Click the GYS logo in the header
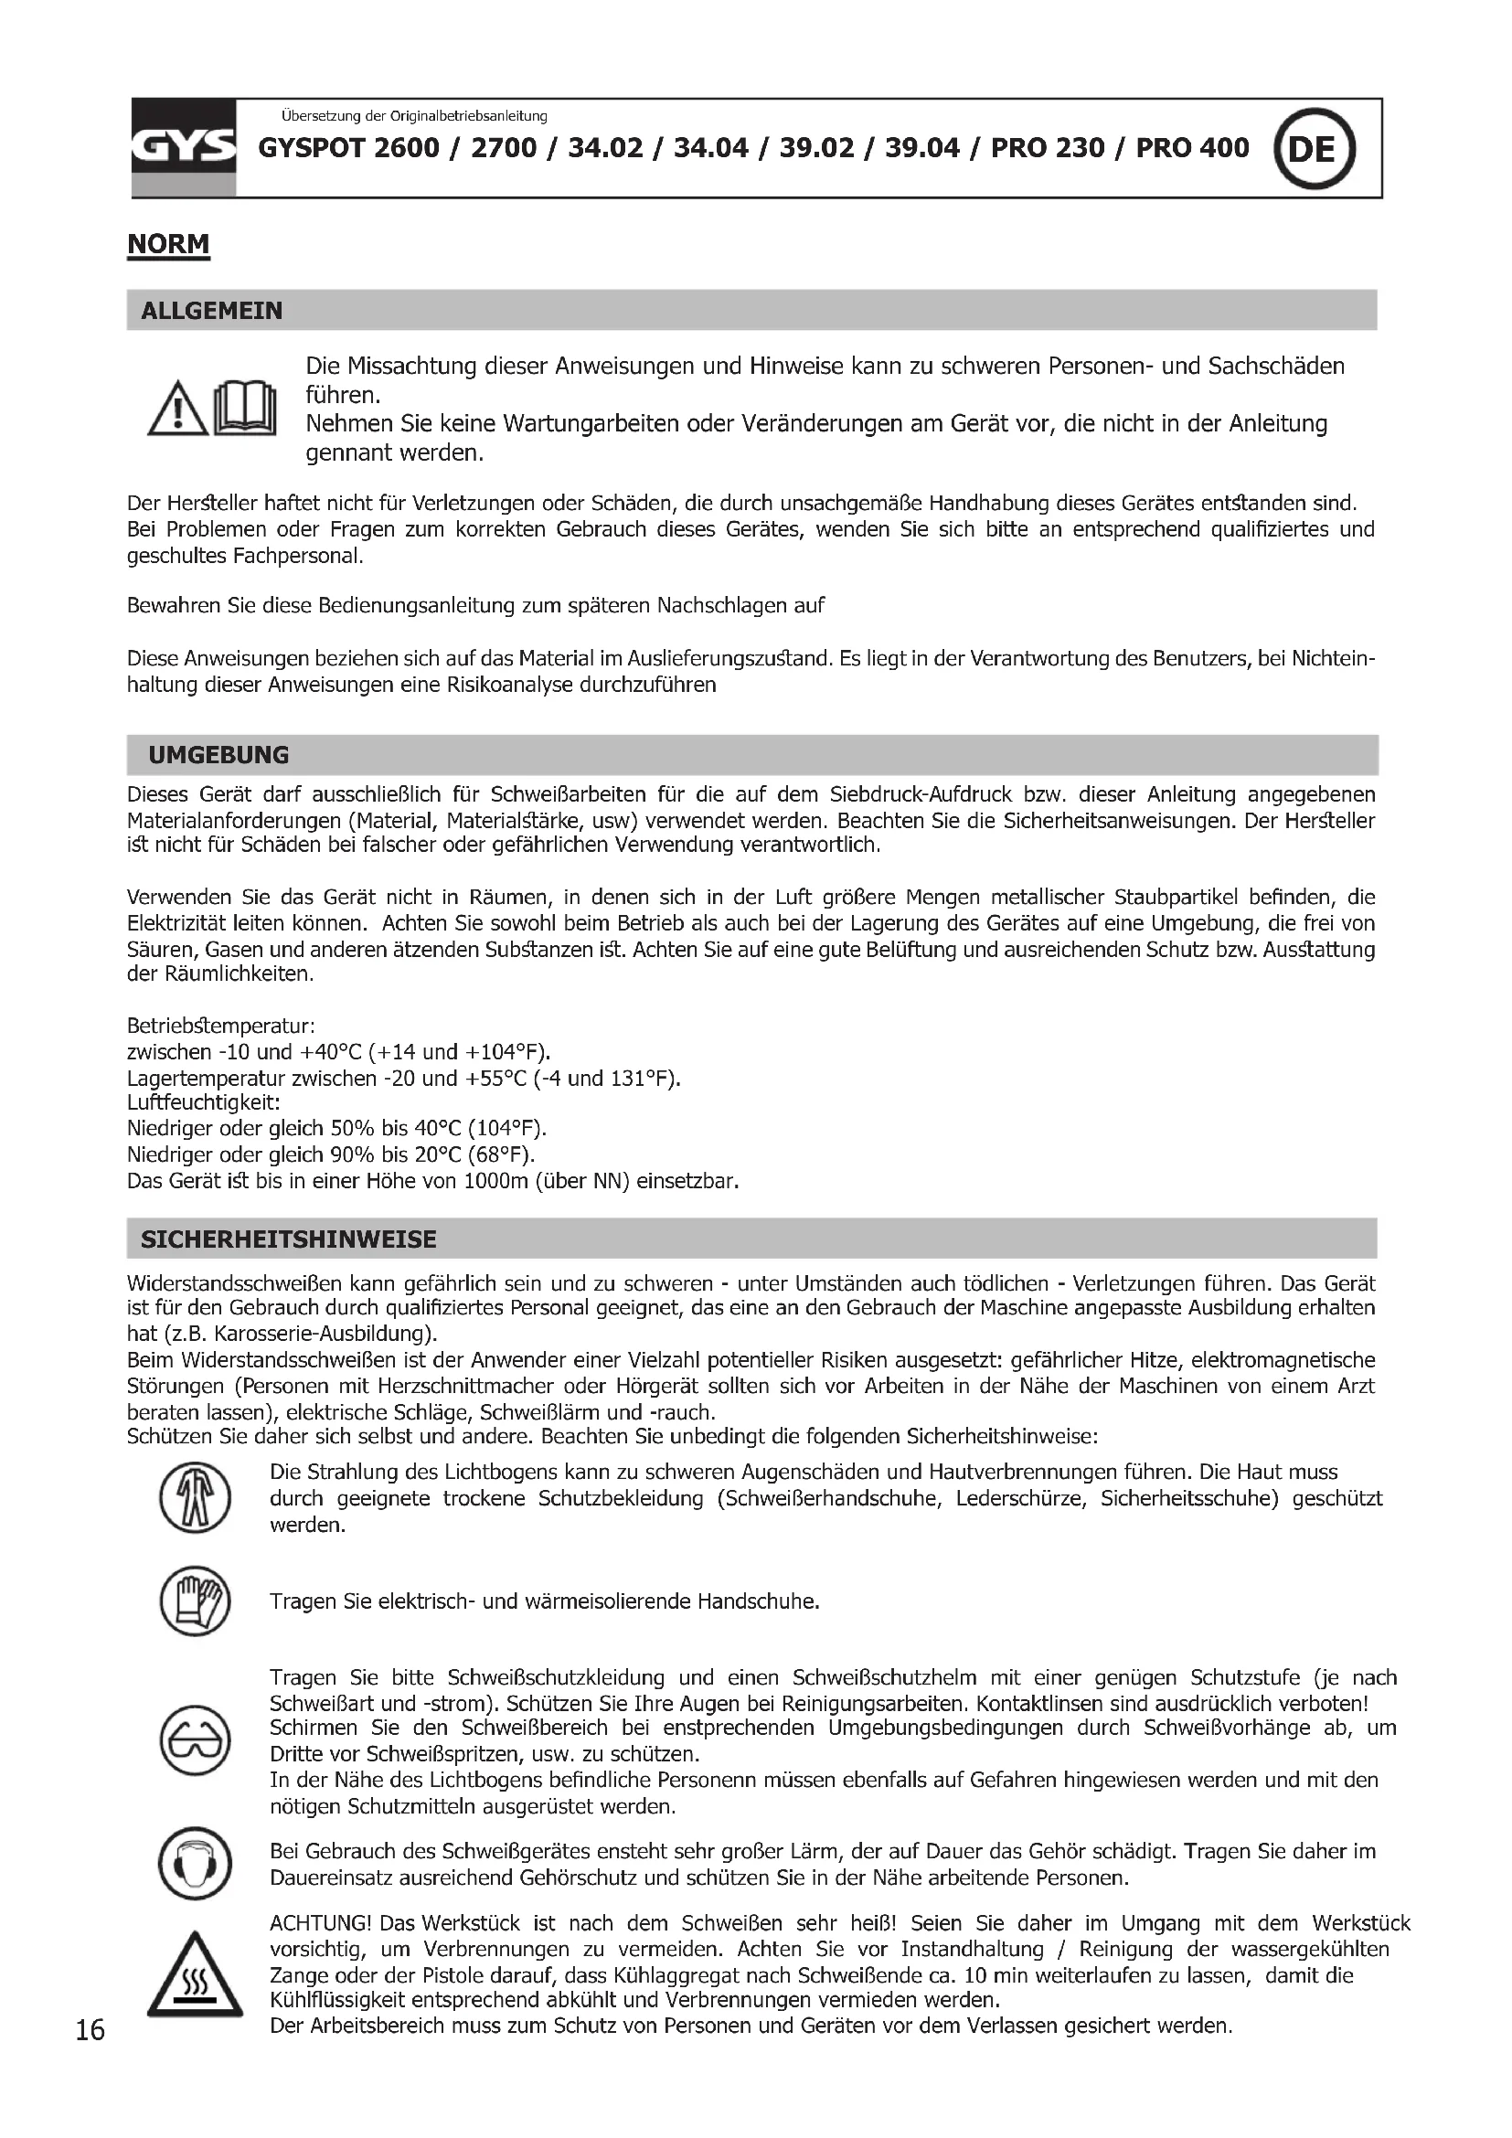pos(184,148)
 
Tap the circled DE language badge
pos(1314,149)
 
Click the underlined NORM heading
pos(168,244)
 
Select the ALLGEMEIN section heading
pos(211,311)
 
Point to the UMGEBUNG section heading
pos(218,755)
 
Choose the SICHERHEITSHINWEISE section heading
pos(289,1239)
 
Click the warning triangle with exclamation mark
pos(177,410)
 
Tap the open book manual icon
pos(245,409)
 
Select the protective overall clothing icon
pos(195,1498)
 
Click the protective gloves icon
pos(195,1601)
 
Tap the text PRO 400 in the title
pos(1192,148)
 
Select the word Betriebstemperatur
pos(220,1026)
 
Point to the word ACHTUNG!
pos(321,1923)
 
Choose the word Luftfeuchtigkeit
pos(203,1103)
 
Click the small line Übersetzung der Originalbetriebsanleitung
pos(413,116)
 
